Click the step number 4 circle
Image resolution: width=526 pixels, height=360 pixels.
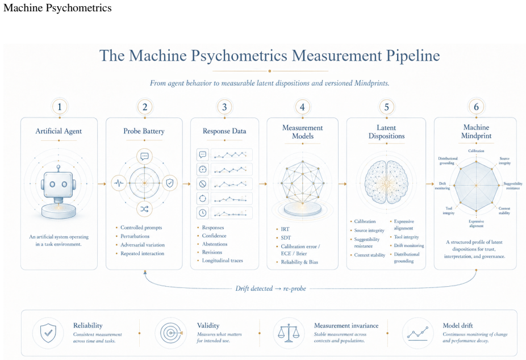tap(302, 107)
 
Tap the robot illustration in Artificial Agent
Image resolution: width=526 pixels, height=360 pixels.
tap(59, 191)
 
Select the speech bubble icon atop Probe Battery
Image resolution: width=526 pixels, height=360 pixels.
tap(144, 156)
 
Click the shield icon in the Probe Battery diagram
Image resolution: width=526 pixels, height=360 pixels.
tap(170, 183)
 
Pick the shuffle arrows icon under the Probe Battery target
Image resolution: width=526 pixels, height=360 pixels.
tap(144, 209)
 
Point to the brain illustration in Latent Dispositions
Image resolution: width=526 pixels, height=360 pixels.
tap(386, 182)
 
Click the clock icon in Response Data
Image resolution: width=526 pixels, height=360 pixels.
tap(203, 213)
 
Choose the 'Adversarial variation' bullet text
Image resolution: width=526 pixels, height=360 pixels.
tap(143, 245)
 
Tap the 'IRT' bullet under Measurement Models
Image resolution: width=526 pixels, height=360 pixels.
tap(285, 229)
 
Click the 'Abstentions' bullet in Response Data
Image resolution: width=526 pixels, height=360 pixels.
tap(215, 244)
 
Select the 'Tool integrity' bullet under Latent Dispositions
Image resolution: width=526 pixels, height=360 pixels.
tap(407, 237)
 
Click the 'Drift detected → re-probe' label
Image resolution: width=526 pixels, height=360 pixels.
tap(271, 288)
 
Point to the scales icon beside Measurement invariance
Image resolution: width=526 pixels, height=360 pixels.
tap(288, 333)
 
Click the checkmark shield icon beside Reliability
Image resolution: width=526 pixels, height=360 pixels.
tap(48, 333)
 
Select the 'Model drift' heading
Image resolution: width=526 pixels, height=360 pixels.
tap(458, 325)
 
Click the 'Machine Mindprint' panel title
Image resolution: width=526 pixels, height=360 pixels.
tap(476, 131)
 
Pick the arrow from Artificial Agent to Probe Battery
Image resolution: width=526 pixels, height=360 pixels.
tap(102, 183)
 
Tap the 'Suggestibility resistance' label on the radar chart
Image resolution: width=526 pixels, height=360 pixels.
tap(513, 186)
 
